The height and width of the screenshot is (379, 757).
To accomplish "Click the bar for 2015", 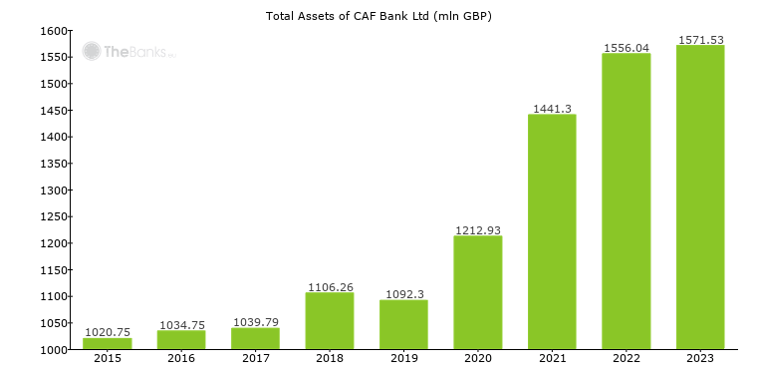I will pyautogui.click(x=107, y=343).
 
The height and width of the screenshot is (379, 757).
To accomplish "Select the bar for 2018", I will pyautogui.click(x=329, y=320).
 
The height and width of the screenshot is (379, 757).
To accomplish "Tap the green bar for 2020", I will pyautogui.click(x=478, y=292).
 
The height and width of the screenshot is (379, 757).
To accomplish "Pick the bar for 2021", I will pyautogui.click(x=552, y=231).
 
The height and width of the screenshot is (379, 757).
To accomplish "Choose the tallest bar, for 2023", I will pyautogui.click(x=700, y=196).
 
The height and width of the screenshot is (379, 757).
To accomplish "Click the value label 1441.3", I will pyautogui.click(x=552, y=108).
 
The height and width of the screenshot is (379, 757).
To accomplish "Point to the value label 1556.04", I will pyautogui.click(x=627, y=47).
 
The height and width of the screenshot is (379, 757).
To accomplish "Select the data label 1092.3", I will pyautogui.click(x=403, y=294).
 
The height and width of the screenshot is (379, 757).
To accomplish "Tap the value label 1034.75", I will pyautogui.click(x=180, y=324).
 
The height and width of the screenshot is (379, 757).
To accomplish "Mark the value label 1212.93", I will pyautogui.click(x=478, y=229).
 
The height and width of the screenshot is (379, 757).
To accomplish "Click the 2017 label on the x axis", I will pyautogui.click(x=255, y=359).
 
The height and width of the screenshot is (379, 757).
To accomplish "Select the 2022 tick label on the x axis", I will pyautogui.click(x=627, y=359).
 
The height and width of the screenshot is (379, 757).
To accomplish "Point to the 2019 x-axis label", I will pyautogui.click(x=403, y=359).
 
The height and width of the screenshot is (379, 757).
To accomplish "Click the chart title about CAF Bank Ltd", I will pyautogui.click(x=378, y=16).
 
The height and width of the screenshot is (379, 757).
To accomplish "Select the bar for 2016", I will pyautogui.click(x=180, y=340).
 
